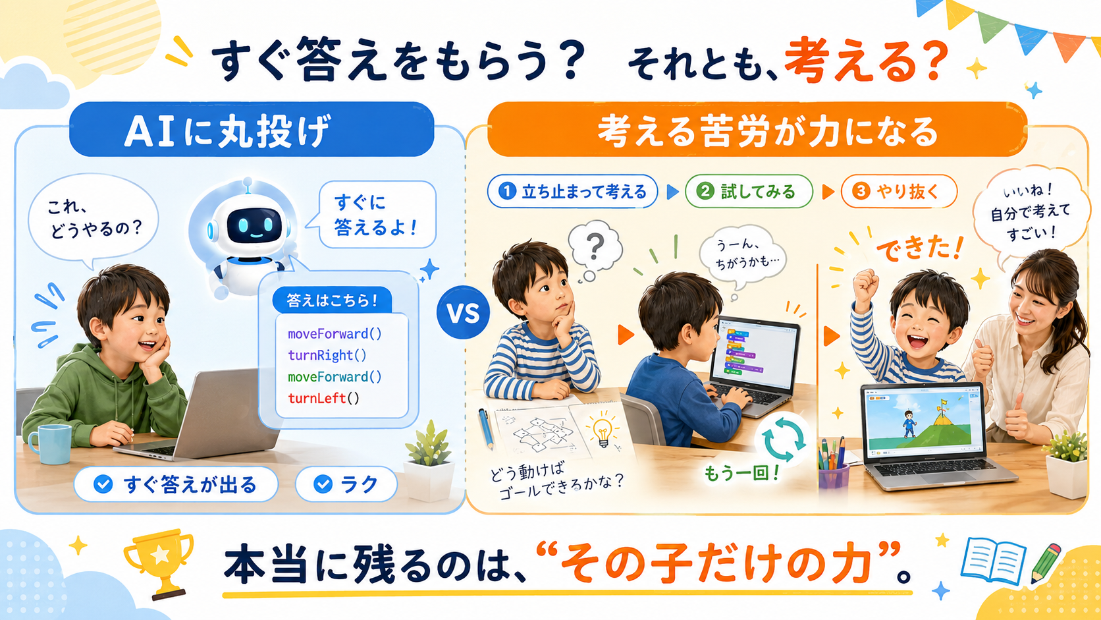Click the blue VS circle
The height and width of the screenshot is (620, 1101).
coord(463,313)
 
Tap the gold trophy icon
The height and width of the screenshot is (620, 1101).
coord(159,563)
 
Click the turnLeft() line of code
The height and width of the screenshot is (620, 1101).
coord(323,398)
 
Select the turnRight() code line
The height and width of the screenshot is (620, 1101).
coord(327,356)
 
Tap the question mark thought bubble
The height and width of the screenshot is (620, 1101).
coord(594,250)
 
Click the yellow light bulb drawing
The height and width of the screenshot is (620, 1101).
coord(603,431)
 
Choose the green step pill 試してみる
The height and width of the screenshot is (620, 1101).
coord(749,192)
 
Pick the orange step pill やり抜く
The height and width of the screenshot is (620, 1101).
coord(899,192)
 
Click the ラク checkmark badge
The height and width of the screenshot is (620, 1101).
coord(346,484)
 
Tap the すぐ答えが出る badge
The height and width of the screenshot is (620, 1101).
coord(176,484)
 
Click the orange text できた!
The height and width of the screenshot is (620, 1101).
coord(919,249)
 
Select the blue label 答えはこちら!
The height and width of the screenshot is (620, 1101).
coord(333,300)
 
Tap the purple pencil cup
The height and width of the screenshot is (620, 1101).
coord(833,476)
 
